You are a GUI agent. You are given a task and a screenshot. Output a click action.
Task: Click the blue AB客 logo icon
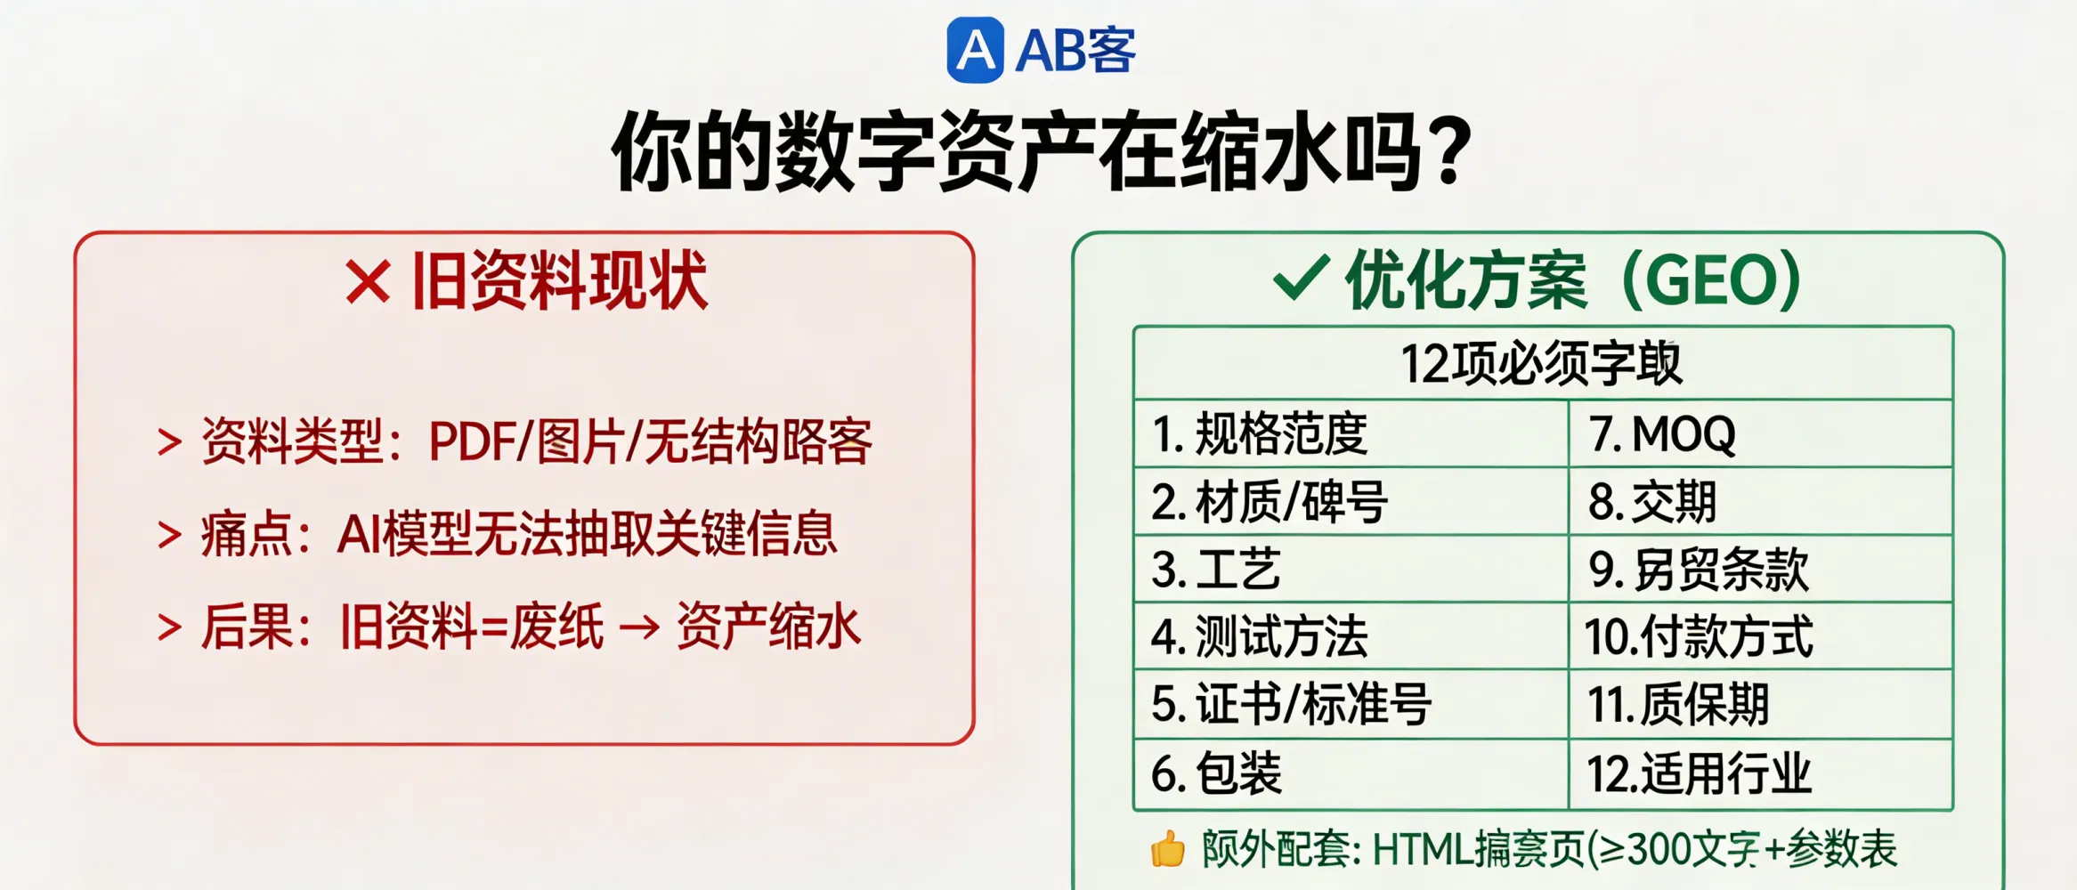tap(975, 51)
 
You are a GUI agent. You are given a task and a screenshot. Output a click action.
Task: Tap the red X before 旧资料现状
tap(368, 283)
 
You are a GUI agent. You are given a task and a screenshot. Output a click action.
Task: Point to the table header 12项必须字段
tap(1542, 363)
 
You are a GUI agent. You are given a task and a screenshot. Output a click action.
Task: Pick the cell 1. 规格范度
tap(1260, 434)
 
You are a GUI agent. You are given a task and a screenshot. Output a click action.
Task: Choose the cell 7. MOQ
tap(1662, 434)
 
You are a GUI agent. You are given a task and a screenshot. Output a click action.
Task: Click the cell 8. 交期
tap(1652, 502)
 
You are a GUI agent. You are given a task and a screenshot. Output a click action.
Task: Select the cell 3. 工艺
tap(1216, 570)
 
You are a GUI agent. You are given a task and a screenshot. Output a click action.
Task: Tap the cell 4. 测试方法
tap(1260, 636)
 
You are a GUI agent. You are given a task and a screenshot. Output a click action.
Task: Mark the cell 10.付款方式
tap(1698, 636)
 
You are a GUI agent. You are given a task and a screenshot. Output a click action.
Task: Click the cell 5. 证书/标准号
tap(1291, 704)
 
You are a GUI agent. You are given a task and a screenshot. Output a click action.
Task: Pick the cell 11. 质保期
tap(1678, 704)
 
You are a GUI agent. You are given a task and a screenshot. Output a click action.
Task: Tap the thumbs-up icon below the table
tap(1167, 849)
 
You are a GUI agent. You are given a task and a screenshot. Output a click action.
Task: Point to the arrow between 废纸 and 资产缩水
tap(639, 627)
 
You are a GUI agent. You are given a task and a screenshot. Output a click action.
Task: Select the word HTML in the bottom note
tap(1422, 849)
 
